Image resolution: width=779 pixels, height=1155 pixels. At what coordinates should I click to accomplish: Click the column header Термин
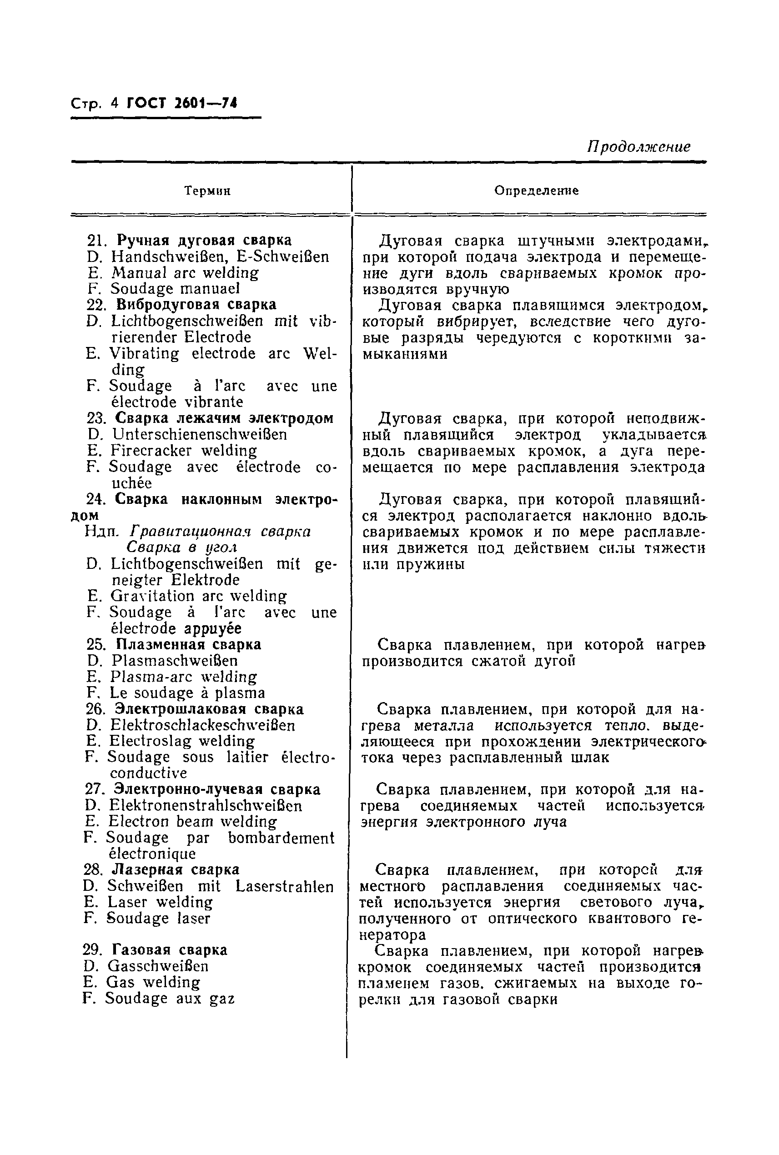(x=207, y=191)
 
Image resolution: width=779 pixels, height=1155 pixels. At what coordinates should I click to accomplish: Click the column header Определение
(x=536, y=191)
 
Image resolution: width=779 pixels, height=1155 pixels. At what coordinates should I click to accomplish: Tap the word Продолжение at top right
(x=638, y=147)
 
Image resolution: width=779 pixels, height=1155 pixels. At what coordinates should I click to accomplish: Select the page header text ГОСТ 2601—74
(x=182, y=103)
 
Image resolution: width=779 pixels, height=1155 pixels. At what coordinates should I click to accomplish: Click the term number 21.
(x=97, y=241)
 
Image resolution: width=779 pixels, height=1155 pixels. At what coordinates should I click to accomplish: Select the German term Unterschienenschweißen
(x=200, y=435)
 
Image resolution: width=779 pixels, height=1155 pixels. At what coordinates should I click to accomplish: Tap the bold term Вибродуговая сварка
(x=196, y=305)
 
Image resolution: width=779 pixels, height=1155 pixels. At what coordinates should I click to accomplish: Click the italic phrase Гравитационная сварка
(x=221, y=532)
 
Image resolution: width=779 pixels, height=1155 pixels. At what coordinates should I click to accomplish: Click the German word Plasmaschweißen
(x=175, y=661)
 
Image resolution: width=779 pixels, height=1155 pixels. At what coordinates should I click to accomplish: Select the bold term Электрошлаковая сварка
(x=209, y=709)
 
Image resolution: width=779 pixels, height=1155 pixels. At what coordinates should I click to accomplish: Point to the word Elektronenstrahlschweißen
(x=206, y=805)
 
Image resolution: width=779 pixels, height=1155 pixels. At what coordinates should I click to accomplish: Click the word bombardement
(x=281, y=838)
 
